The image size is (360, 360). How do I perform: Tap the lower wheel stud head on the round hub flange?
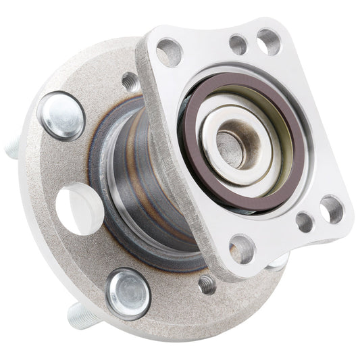(128, 293)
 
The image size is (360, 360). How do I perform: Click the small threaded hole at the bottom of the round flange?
(207, 284)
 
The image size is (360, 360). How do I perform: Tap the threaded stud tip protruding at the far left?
(11, 148)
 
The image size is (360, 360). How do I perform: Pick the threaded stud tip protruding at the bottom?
(78, 317)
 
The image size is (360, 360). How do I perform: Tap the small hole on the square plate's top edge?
(238, 45)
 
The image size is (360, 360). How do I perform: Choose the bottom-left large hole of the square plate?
(241, 248)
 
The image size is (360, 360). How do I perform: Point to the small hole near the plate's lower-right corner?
(305, 221)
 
